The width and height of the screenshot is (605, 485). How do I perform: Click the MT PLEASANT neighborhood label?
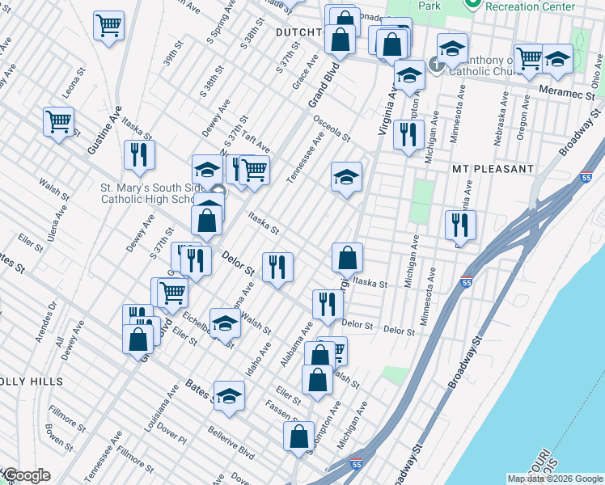(493, 169)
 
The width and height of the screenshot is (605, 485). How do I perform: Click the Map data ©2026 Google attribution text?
(554, 479)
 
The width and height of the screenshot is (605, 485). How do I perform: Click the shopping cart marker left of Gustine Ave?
(59, 122)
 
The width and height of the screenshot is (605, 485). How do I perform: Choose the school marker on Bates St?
(229, 395)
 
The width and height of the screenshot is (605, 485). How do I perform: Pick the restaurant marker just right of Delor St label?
(277, 266)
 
